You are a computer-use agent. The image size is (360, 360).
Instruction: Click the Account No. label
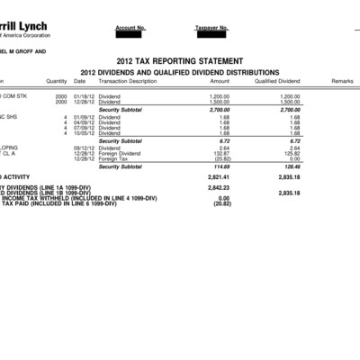[x=130, y=28]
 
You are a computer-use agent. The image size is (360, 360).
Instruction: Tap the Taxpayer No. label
[x=212, y=28]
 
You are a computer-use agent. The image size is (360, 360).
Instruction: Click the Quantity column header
[x=57, y=81]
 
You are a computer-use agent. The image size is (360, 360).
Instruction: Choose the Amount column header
[x=220, y=81]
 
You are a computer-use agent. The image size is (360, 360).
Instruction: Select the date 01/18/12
[x=85, y=95]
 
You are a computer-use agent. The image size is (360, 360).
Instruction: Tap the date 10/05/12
[x=85, y=133]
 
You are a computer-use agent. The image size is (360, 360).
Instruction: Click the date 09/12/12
[x=85, y=148]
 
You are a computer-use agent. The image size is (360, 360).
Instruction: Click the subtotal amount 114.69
[x=220, y=166]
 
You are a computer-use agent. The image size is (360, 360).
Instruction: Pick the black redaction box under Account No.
[x=130, y=35]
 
